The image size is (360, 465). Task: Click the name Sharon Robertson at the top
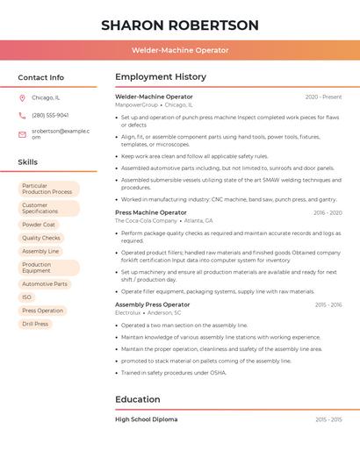coord(180,25)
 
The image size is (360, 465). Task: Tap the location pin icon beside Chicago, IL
coord(22,98)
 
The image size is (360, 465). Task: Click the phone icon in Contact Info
coord(22,115)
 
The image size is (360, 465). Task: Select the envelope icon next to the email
coord(22,133)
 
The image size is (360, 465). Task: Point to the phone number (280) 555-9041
coord(50,115)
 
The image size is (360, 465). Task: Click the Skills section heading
coord(28,162)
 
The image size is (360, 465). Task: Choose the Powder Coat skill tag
coord(39,225)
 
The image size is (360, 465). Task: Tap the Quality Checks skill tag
coord(41,238)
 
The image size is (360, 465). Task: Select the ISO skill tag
coord(26,297)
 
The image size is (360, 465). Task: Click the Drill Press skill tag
coord(35,324)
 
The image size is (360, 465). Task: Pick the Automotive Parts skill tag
coord(44,284)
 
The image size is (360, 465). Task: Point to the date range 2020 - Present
coord(323,97)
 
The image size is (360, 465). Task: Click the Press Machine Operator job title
coord(151,212)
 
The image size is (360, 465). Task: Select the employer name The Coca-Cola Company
coord(145,221)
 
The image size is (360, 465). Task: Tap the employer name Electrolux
coord(128,312)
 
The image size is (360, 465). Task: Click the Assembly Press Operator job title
coord(152,304)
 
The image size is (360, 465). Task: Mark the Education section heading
coord(138,400)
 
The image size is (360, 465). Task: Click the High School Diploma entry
coord(146,419)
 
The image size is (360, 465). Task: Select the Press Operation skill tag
coord(43,311)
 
